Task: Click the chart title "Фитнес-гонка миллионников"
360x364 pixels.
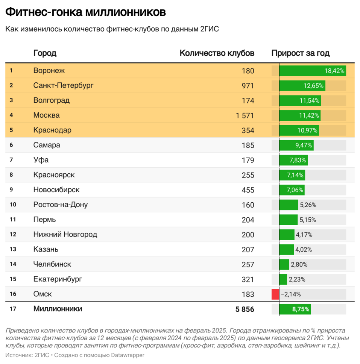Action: click(85, 12)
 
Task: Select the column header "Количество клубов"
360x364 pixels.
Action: click(217, 53)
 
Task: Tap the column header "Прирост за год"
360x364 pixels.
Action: click(300, 53)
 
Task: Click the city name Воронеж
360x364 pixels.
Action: click(49, 70)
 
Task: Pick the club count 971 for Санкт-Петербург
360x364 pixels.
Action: click(248, 86)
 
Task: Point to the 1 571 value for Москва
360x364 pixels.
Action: click(245, 115)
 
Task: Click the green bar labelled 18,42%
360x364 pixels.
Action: click(313, 71)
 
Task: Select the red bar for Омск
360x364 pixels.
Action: click(275, 294)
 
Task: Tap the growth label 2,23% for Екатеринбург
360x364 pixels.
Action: click(297, 279)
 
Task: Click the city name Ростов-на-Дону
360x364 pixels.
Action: click(60, 205)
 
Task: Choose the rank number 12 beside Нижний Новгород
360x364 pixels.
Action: click(13, 234)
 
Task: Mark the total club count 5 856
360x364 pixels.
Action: click(245, 309)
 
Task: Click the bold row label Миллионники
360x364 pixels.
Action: click(58, 309)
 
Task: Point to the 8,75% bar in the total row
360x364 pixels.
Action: click(295, 309)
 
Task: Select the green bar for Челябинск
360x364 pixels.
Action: click(284, 264)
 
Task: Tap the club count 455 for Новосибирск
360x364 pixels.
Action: click(248, 190)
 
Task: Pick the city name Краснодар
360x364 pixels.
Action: click(52, 130)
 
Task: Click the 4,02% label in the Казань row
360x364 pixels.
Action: click(304, 249)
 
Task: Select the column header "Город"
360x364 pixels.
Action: click(45, 53)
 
